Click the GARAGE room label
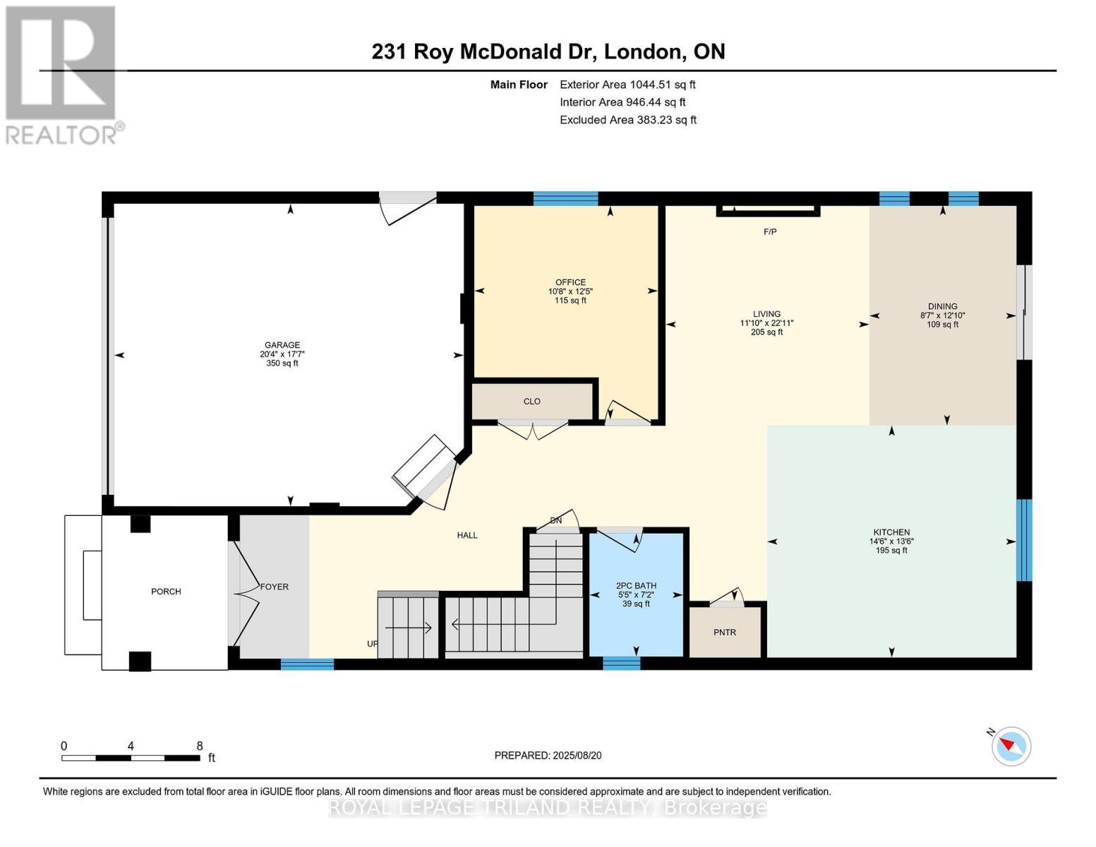(282, 345)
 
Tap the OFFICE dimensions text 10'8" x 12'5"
(570, 291)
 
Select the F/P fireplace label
(770, 232)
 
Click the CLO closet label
(531, 401)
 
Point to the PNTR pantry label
(725, 632)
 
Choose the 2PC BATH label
(636, 586)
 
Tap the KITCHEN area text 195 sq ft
(891, 551)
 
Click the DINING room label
(942, 306)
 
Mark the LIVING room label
(766, 314)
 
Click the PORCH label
(166, 591)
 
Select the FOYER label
(275, 587)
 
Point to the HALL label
(467, 535)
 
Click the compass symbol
(1011, 746)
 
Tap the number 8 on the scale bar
(200, 745)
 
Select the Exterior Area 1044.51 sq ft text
(627, 85)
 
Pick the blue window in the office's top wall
(565, 199)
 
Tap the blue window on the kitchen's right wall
(1024, 540)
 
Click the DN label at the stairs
(556, 520)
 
